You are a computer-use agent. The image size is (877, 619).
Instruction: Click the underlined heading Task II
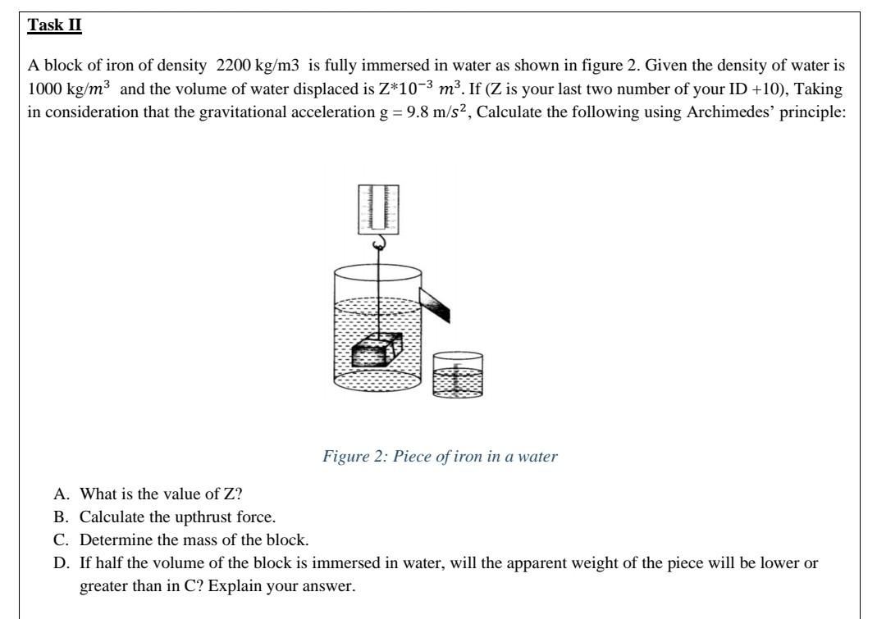point(55,25)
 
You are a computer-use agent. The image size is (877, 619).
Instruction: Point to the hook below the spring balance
point(378,244)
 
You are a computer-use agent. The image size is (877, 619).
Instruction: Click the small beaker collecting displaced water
point(457,375)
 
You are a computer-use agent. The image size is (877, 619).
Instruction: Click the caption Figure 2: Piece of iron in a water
point(440,457)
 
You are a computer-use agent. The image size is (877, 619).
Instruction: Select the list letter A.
point(60,494)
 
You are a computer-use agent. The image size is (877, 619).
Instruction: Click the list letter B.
point(60,517)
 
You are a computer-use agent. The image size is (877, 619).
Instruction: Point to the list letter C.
point(60,540)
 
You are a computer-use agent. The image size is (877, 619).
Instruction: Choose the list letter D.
point(60,564)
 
